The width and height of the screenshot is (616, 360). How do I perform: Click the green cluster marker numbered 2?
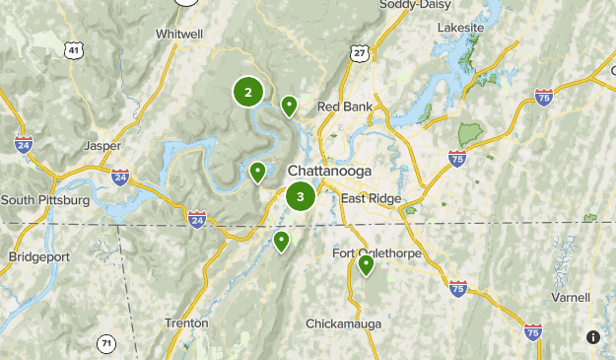click(x=248, y=93)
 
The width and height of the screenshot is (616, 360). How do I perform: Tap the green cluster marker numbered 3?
click(x=301, y=196)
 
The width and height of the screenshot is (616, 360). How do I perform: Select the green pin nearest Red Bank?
click(x=289, y=105)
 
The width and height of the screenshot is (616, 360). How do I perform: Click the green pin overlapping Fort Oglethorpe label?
click(x=366, y=263)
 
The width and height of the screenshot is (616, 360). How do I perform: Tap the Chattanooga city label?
click(x=329, y=172)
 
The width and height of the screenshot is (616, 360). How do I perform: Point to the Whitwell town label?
click(x=179, y=34)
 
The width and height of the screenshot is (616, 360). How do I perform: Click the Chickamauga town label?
click(x=343, y=324)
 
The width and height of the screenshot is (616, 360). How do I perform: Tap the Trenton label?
click(x=185, y=323)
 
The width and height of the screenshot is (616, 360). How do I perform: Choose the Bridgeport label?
click(x=36, y=256)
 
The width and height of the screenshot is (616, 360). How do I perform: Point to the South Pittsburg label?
click(x=45, y=200)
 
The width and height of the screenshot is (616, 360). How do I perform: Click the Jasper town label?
click(x=103, y=146)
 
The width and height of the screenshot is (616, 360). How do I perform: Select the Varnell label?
click(x=571, y=297)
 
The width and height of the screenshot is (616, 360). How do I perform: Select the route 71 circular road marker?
click(x=105, y=343)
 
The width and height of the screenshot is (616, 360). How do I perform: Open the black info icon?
click(x=592, y=337)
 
